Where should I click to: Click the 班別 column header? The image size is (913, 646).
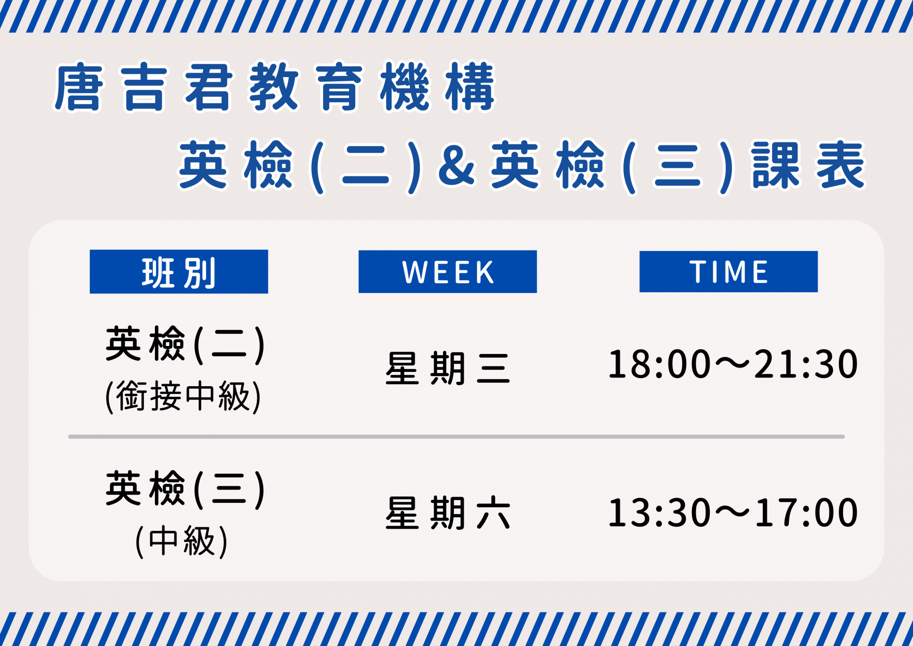179,271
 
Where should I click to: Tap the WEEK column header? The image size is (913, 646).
448,271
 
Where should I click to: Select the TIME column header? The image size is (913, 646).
729,271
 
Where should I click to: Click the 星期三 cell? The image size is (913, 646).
448,368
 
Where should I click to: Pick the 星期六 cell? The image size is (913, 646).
448,513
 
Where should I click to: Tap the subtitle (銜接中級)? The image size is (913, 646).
184,396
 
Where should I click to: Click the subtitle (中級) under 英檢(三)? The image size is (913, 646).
182,541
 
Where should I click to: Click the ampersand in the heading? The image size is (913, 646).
456,166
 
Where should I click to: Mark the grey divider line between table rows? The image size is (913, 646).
456,437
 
